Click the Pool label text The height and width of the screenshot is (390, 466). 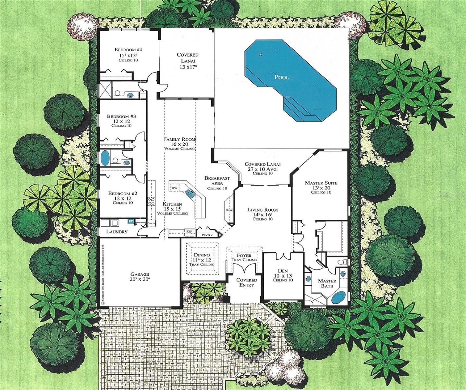[x=282, y=77]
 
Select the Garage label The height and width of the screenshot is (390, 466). [x=140, y=274]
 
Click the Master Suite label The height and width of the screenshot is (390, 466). [x=321, y=183]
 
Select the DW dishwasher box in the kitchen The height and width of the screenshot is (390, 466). [x=174, y=188]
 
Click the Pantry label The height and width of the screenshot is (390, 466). [x=207, y=235]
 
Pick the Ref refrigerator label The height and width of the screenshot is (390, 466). [x=189, y=231]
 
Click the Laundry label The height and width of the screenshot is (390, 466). [x=117, y=232]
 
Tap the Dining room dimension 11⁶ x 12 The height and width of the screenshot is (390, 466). [x=202, y=260]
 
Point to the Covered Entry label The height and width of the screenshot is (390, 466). [x=246, y=282]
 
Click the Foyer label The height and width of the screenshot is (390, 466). [x=244, y=255]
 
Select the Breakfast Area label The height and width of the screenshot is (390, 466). [x=217, y=181]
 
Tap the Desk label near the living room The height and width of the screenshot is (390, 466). [x=229, y=210]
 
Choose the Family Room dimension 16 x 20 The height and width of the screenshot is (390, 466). [x=180, y=144]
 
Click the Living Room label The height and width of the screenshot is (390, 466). [x=263, y=210]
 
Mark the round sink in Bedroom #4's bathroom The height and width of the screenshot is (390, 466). [x=130, y=95]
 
